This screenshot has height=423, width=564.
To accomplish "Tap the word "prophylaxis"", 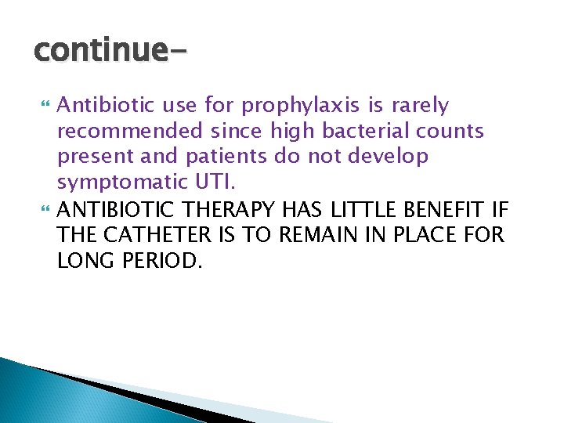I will (x=291, y=105).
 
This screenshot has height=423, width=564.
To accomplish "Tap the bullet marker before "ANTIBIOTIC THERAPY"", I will (x=43, y=210).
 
